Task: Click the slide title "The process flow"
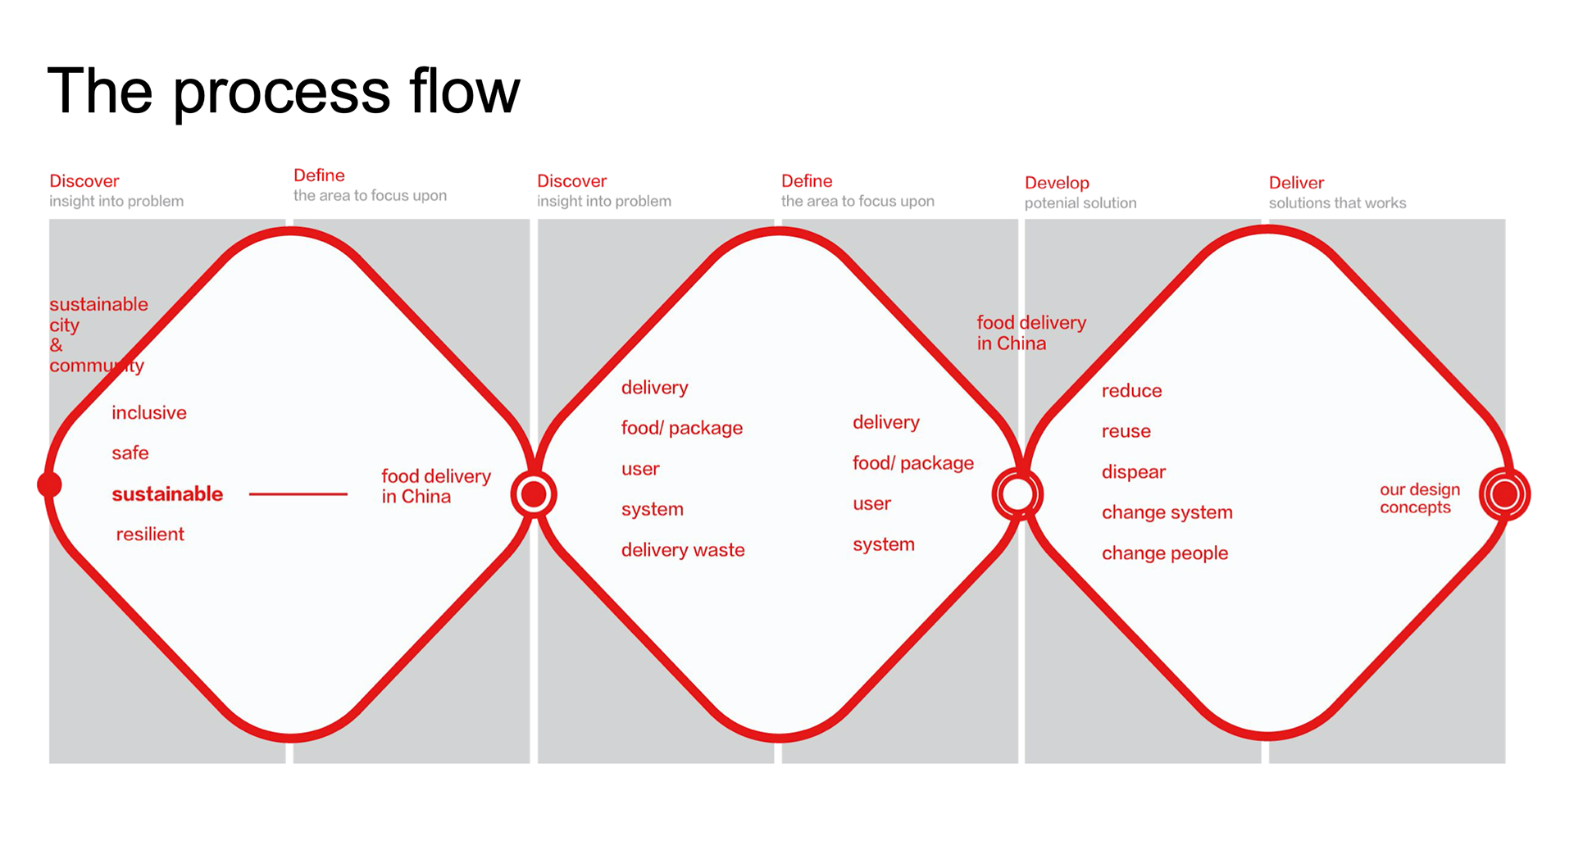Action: [x=284, y=91]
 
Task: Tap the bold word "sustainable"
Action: [x=167, y=493]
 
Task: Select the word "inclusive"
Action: [x=149, y=412]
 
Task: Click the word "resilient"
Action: [x=150, y=534]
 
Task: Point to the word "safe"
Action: [x=130, y=452]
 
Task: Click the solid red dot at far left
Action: [x=49, y=484]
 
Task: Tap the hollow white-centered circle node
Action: [x=1017, y=494]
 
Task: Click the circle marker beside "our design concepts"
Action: [x=1504, y=494]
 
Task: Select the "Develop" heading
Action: [x=1057, y=183]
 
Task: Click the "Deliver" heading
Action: [x=1296, y=183]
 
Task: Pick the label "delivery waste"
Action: [x=683, y=550]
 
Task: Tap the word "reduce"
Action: [x=1131, y=391]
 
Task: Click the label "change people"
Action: [x=1165, y=553]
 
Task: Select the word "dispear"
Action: [x=1134, y=472]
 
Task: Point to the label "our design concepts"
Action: [x=1420, y=498]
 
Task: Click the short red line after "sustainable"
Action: [x=298, y=494]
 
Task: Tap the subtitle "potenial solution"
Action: [x=1080, y=203]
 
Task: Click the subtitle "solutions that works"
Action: [x=1337, y=203]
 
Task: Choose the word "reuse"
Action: [x=1126, y=431]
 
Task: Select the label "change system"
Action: [x=1167, y=512]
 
